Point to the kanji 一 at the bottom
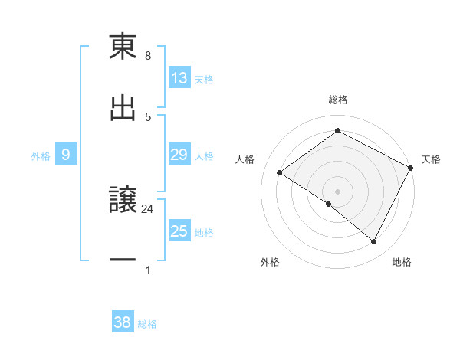tap(123, 260)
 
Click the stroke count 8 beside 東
tap(148, 56)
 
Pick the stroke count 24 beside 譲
tap(148, 208)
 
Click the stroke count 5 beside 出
tap(148, 116)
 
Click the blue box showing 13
tap(179, 78)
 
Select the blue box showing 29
tap(179, 155)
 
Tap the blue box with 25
tap(179, 231)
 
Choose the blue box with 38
tap(123, 322)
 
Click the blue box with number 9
tap(66, 155)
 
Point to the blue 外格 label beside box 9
tap(41, 155)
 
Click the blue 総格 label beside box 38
tap(147, 324)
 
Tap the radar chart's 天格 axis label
tap(431, 159)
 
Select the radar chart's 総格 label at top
tap(338, 100)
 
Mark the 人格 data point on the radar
tap(280, 172)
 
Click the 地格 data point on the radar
tap(374, 241)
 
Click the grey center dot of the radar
tap(338, 191)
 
